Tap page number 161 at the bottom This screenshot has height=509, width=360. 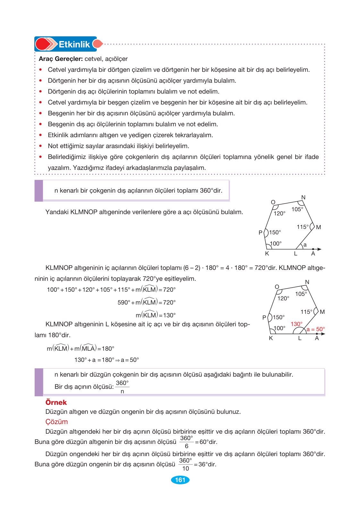[180, 480]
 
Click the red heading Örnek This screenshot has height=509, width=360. [56, 403]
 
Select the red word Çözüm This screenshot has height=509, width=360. [57, 422]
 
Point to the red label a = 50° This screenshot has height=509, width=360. [315, 329]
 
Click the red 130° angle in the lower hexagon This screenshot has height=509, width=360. [297, 324]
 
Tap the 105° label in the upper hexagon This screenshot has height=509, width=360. [297, 209]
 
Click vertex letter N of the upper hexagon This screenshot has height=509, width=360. [303, 197]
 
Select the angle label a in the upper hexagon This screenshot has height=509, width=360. [305, 245]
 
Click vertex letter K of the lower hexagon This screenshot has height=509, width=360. [271, 338]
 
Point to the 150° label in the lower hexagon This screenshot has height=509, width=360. [279, 317]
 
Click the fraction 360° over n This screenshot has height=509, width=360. [122, 387]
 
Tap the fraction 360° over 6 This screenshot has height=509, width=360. [186, 442]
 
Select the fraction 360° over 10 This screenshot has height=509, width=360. [185, 464]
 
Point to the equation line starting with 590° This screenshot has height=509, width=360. [147, 302]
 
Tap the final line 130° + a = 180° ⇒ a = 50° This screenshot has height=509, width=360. [106, 360]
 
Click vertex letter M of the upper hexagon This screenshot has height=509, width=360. [318, 227]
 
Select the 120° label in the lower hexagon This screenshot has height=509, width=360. [283, 298]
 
